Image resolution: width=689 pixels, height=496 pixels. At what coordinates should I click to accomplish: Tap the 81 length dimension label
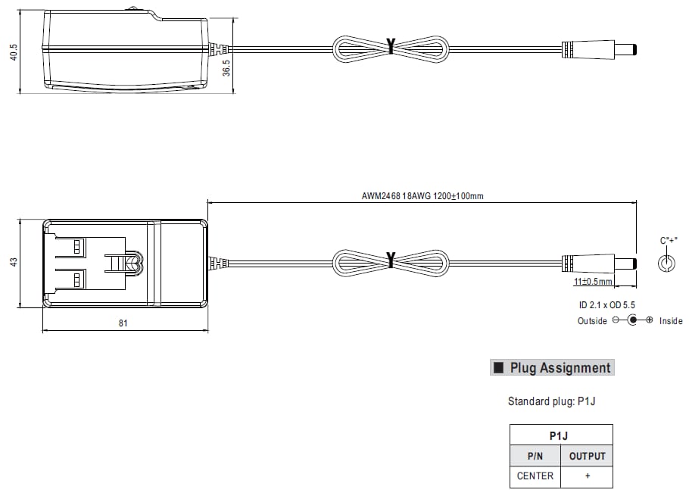123,323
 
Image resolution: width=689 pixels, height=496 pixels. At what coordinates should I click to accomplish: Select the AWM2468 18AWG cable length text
422,196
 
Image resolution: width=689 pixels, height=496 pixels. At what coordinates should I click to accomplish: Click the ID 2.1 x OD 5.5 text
607,304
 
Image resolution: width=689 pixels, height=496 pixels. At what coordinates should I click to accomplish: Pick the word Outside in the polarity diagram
592,321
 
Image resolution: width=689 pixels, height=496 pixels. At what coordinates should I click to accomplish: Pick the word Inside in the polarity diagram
670,321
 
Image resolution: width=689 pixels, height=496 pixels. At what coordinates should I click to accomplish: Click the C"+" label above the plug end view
667,241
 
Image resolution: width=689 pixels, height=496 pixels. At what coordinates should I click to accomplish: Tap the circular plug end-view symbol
666,263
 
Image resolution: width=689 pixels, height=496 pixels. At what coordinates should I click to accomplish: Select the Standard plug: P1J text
551,401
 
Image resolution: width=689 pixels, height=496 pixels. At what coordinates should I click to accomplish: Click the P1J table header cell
561,435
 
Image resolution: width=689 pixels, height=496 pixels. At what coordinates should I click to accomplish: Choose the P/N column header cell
535,456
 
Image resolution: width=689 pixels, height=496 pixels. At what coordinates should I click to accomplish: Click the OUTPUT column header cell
587,456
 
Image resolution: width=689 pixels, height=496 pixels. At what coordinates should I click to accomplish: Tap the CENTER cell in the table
535,476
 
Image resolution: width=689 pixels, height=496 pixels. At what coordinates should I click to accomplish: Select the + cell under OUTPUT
587,476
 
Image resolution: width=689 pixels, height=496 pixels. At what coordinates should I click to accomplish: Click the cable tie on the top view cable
391,46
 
